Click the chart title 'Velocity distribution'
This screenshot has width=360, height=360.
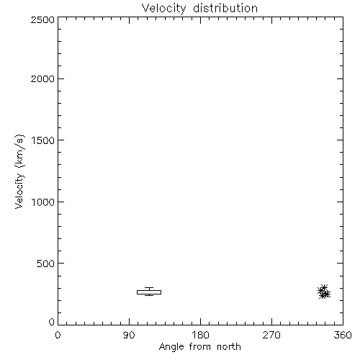point(199,9)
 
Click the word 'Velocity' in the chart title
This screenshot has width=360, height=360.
point(163,9)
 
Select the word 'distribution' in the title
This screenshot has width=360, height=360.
point(225,8)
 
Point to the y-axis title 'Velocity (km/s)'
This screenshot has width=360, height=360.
point(19,171)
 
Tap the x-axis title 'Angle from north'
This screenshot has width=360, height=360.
point(200,347)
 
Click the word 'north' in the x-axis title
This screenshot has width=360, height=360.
point(229,346)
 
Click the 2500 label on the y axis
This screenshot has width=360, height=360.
point(42,19)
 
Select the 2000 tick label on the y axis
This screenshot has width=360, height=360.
point(42,78)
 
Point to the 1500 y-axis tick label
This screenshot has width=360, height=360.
point(43,140)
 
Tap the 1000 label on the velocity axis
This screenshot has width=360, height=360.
point(43,202)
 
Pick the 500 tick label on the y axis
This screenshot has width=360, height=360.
point(46,264)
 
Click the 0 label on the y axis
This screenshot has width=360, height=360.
point(52,322)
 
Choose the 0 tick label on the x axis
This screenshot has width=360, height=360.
point(58,335)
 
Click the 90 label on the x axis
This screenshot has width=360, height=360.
point(129,335)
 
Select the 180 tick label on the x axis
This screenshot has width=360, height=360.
point(200,335)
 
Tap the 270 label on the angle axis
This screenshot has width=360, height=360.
point(271,335)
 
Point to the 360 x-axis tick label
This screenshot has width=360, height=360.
point(343,335)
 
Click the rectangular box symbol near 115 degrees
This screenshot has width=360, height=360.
point(149,292)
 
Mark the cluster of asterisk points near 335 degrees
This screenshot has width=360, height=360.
point(324,292)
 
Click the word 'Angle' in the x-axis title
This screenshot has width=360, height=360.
point(171,347)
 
